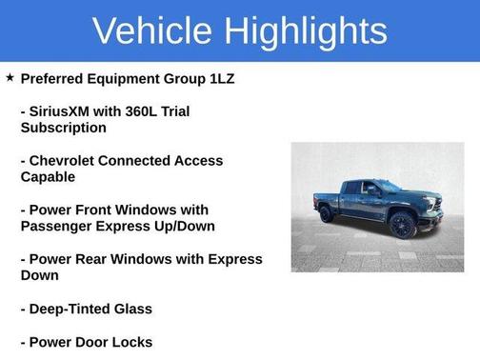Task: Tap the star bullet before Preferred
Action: click(10, 77)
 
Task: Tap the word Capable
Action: click(48, 177)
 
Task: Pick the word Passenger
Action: click(59, 227)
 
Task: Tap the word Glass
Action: click(133, 309)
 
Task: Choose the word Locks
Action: click(131, 342)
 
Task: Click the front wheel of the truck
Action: click(402, 225)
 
